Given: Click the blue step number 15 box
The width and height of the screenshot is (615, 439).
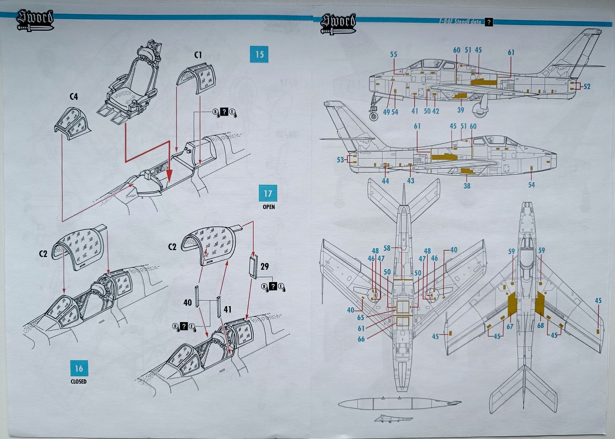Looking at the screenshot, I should pos(259,54).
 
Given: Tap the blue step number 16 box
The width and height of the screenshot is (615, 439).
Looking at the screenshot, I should pos(79,368).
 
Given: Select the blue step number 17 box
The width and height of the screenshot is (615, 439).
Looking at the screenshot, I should pos(268,193).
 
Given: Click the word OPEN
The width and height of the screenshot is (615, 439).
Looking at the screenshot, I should pos(269,207).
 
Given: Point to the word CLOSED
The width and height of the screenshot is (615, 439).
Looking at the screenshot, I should pos(78,382).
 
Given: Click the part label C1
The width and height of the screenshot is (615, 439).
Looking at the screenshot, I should pos(198,55).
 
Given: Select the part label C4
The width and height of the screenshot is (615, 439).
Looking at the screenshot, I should pos(73,97).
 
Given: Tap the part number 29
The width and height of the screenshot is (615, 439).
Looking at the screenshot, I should pos(264,266).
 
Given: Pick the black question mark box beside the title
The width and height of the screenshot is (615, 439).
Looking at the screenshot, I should pos(489,22).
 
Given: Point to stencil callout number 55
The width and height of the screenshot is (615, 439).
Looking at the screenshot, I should pos(393,55).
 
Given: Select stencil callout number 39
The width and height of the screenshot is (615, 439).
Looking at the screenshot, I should pos(460,110).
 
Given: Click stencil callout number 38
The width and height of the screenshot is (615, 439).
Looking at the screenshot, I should pos(467,186).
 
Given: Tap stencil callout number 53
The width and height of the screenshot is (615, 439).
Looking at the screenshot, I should pos(340,159).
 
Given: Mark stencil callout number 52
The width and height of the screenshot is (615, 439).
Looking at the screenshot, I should pos(587,87).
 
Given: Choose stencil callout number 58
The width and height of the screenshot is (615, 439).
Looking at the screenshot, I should pos(387,249).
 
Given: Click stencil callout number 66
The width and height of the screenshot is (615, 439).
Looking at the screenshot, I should pos(361,339).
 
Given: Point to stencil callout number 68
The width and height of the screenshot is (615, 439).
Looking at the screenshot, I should pos(540,325).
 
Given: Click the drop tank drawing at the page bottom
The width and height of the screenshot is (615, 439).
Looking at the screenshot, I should pos(400,403).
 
